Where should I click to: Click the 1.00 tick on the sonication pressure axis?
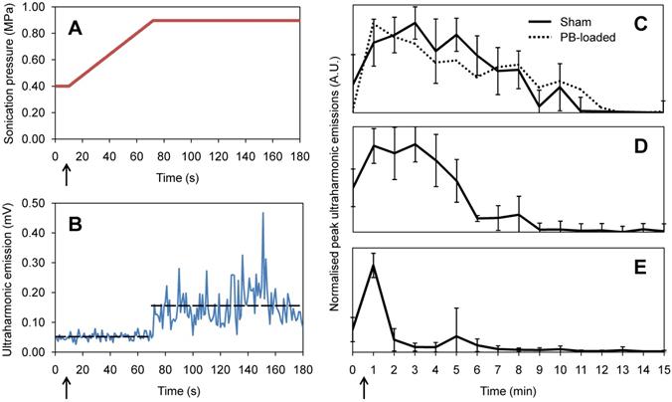coord(36,8)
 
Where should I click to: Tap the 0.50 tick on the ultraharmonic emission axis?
coord(36,203)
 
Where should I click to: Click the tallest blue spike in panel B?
coord(263,213)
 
